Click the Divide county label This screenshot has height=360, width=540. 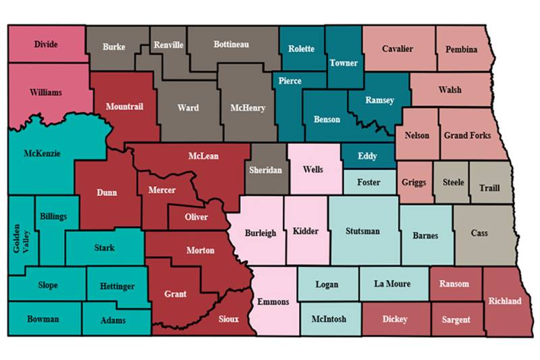[x=46, y=45]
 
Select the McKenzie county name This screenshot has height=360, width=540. [x=42, y=153]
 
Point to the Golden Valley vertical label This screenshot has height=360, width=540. [x=21, y=237]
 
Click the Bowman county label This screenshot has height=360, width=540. [x=43, y=318]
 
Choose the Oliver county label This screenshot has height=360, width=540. [x=197, y=217]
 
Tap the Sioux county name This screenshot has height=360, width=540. [x=228, y=319]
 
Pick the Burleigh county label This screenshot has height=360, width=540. [x=261, y=233]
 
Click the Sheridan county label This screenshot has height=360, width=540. [x=265, y=170]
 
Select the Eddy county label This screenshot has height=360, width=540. [x=368, y=156]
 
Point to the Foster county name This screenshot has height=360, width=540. [x=369, y=182]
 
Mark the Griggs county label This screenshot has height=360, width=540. [x=414, y=182]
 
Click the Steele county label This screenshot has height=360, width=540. [x=453, y=182]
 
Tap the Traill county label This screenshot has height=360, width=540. [x=489, y=188]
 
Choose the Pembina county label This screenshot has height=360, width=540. [x=462, y=49]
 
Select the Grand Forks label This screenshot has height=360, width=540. [x=467, y=135]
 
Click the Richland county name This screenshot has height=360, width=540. [x=505, y=301]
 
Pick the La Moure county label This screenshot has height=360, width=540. [x=391, y=284]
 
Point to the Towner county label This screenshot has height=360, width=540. [x=344, y=63]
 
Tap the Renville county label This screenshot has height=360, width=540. [x=169, y=45]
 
